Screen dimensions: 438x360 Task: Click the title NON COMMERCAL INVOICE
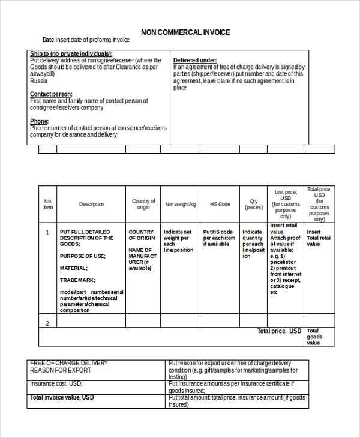click(x=185, y=32)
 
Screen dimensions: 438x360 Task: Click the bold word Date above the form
click(x=48, y=40)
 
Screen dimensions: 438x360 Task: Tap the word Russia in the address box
click(x=38, y=80)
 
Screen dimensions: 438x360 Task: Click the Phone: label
click(x=40, y=121)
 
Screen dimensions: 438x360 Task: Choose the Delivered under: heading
click(x=195, y=61)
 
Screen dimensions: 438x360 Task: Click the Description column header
click(x=91, y=205)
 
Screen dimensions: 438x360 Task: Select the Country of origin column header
click(x=143, y=205)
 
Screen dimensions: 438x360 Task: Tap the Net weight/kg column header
click(x=181, y=205)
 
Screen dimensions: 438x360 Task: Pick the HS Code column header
click(x=220, y=205)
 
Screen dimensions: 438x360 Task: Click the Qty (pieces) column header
click(x=253, y=205)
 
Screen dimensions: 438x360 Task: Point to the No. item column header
click(x=48, y=205)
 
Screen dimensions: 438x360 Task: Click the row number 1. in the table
click(x=48, y=232)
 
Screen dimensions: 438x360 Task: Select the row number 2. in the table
click(x=48, y=323)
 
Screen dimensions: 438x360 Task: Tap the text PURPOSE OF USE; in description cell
click(x=82, y=256)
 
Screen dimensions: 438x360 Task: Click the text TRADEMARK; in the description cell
click(x=77, y=280)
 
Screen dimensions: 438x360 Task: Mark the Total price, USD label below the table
click(x=279, y=331)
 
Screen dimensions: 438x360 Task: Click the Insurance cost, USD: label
click(x=56, y=383)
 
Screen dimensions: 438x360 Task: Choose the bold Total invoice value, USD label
click(x=62, y=397)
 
